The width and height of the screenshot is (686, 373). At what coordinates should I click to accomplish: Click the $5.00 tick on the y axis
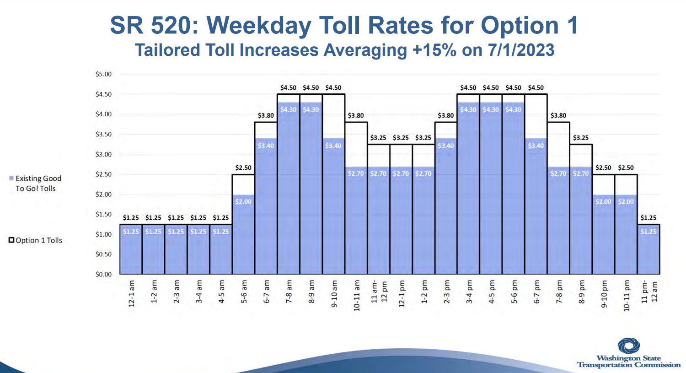pyautogui.click(x=103, y=74)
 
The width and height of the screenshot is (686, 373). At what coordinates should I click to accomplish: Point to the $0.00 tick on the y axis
pyautogui.click(x=103, y=274)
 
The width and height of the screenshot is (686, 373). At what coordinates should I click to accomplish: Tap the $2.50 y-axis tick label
pyautogui.click(x=103, y=174)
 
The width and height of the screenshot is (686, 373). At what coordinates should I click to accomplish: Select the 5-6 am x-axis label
pyautogui.click(x=244, y=292)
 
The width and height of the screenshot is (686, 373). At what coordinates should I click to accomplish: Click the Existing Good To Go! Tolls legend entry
pyautogui.click(x=35, y=184)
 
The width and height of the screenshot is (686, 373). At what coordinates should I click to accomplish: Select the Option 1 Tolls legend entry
pyautogui.click(x=35, y=240)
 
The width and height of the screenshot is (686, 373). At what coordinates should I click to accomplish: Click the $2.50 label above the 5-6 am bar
pyautogui.click(x=243, y=168)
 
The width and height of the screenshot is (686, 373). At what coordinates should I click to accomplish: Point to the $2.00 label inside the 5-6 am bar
pyautogui.click(x=243, y=202)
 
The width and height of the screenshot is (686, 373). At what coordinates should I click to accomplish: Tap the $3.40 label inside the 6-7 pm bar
pyautogui.click(x=536, y=146)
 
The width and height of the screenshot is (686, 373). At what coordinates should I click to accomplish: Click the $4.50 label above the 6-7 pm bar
pyautogui.click(x=536, y=88)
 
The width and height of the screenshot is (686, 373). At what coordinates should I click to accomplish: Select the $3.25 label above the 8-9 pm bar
pyautogui.click(x=581, y=138)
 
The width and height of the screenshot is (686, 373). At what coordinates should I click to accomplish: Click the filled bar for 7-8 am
pyautogui.click(x=289, y=192)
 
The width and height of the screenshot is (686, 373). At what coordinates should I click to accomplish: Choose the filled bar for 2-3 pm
pyautogui.click(x=446, y=211)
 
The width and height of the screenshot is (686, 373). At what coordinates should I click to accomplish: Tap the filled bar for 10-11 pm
pyautogui.click(x=626, y=238)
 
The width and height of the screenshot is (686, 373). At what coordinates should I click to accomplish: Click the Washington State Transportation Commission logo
pyautogui.click(x=629, y=354)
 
